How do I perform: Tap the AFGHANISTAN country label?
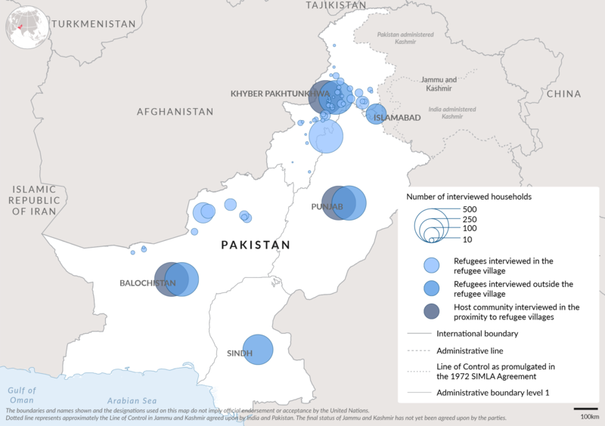[175, 111]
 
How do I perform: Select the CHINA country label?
[563, 94]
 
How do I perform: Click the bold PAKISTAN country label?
[256, 245]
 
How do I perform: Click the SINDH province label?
[240, 353]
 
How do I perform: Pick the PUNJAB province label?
[327, 206]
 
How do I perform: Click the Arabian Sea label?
[131, 400]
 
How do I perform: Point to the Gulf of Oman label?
[22, 394]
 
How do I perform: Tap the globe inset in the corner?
[27, 27]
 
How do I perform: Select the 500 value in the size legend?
[470, 208]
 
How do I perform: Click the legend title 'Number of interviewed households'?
[469, 196]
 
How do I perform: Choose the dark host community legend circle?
[431, 312]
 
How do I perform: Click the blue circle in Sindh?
[258, 350]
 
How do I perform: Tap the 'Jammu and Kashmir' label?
[439, 84]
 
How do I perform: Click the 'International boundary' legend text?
[477, 333]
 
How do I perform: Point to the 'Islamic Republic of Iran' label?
[34, 200]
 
